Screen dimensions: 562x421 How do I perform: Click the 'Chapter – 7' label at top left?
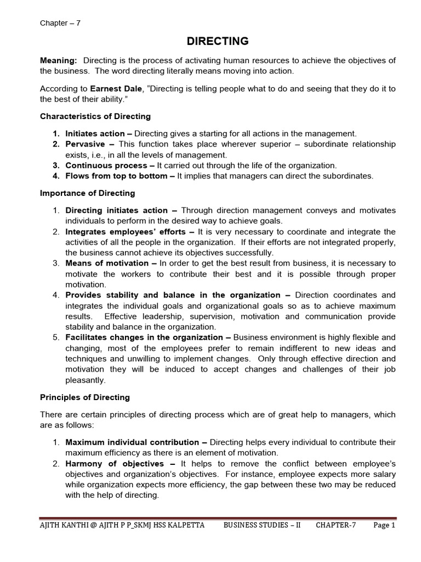(60, 23)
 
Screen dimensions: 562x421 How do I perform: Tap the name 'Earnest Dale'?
(113, 88)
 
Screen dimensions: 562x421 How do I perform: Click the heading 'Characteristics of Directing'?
(95, 116)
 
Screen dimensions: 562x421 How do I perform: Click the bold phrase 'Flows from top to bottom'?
(116, 176)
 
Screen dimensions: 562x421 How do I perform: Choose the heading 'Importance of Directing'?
(87, 193)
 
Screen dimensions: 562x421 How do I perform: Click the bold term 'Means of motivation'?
(104, 263)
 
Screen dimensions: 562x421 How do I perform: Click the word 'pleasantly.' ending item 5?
(86, 379)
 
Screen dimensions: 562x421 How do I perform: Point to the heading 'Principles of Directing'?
(85, 397)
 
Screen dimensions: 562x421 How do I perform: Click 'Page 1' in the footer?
(384, 525)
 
